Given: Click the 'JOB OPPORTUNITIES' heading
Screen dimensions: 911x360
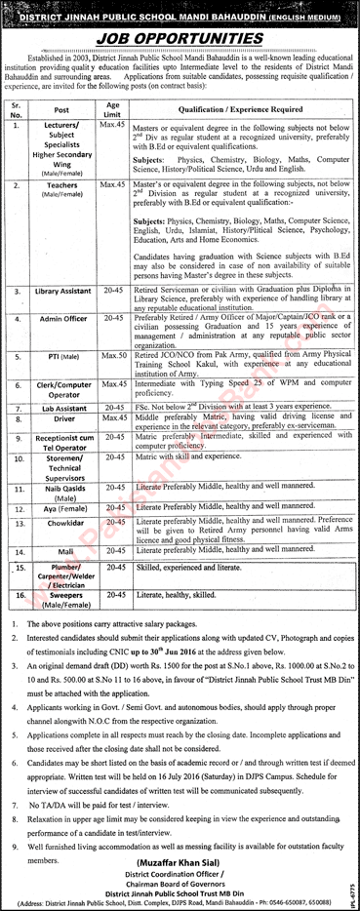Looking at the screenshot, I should (180, 31).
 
